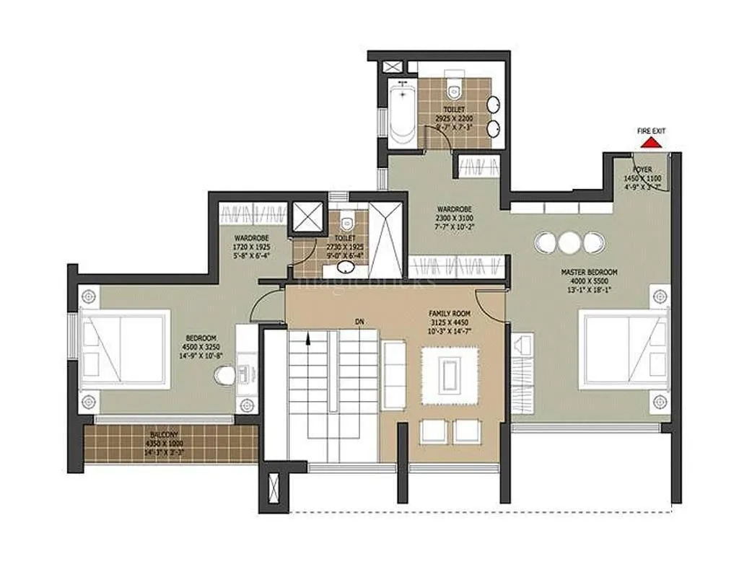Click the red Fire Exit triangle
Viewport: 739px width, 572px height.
(652, 144)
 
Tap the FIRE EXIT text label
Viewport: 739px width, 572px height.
(651, 131)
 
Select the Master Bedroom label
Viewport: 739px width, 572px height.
(584, 272)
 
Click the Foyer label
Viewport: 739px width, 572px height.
(642, 170)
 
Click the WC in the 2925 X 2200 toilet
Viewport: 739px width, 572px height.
(453, 87)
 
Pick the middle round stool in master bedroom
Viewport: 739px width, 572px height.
(569, 242)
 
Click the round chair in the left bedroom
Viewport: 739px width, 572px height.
(225, 376)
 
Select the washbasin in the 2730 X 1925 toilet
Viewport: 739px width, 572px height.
(346, 268)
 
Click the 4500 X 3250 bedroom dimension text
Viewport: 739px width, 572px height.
(200, 346)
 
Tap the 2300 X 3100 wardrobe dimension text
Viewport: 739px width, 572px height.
(454, 217)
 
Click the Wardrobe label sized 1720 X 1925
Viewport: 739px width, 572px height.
(252, 237)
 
